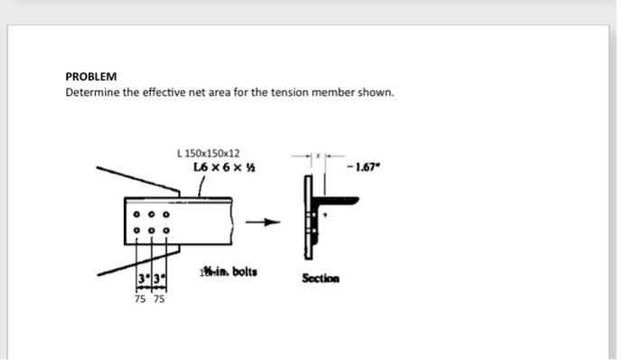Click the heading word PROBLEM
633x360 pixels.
pyautogui.click(x=91, y=77)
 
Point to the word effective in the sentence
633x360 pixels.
pyautogui.click(x=172, y=92)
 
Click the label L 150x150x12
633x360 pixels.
pyautogui.click(x=209, y=154)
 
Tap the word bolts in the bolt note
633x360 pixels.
pyautogui.click(x=240, y=270)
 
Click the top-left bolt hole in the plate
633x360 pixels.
pyautogui.click(x=137, y=215)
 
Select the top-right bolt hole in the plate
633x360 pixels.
pyautogui.click(x=166, y=215)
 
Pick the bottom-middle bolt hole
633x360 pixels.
pyautogui.click(x=152, y=230)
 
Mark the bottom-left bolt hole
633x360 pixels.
pyautogui.click(x=137, y=230)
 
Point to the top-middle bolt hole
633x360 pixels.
pyautogui.click(x=152, y=215)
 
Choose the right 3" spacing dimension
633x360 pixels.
pyautogui.click(x=159, y=276)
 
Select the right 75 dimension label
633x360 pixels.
pyautogui.click(x=159, y=298)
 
